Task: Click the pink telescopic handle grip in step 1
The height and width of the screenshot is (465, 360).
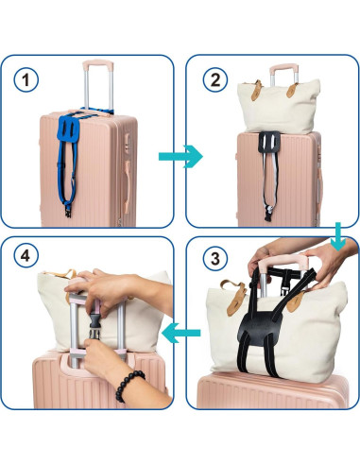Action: click(x=96, y=67)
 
